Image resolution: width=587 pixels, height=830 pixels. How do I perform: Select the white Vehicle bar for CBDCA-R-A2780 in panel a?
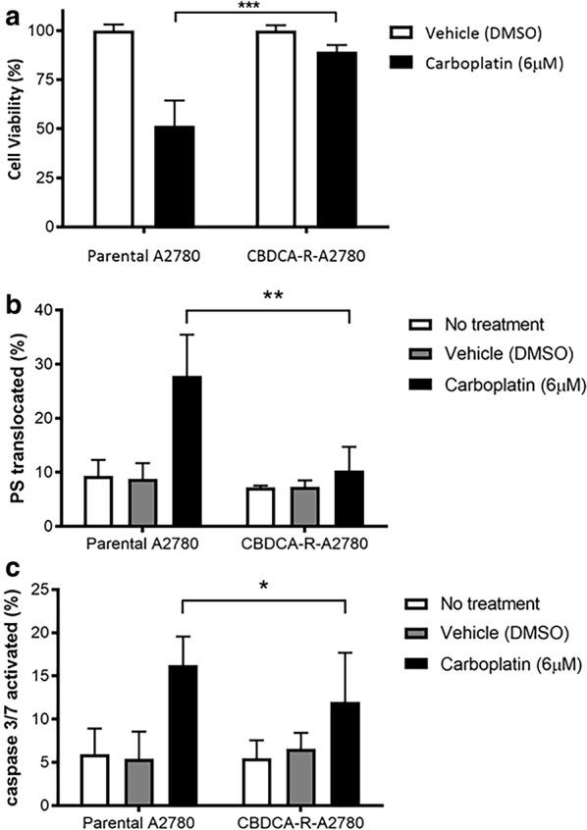pyautogui.click(x=276, y=129)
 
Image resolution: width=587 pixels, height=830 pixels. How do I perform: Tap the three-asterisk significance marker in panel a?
pyautogui.click(x=256, y=7)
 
